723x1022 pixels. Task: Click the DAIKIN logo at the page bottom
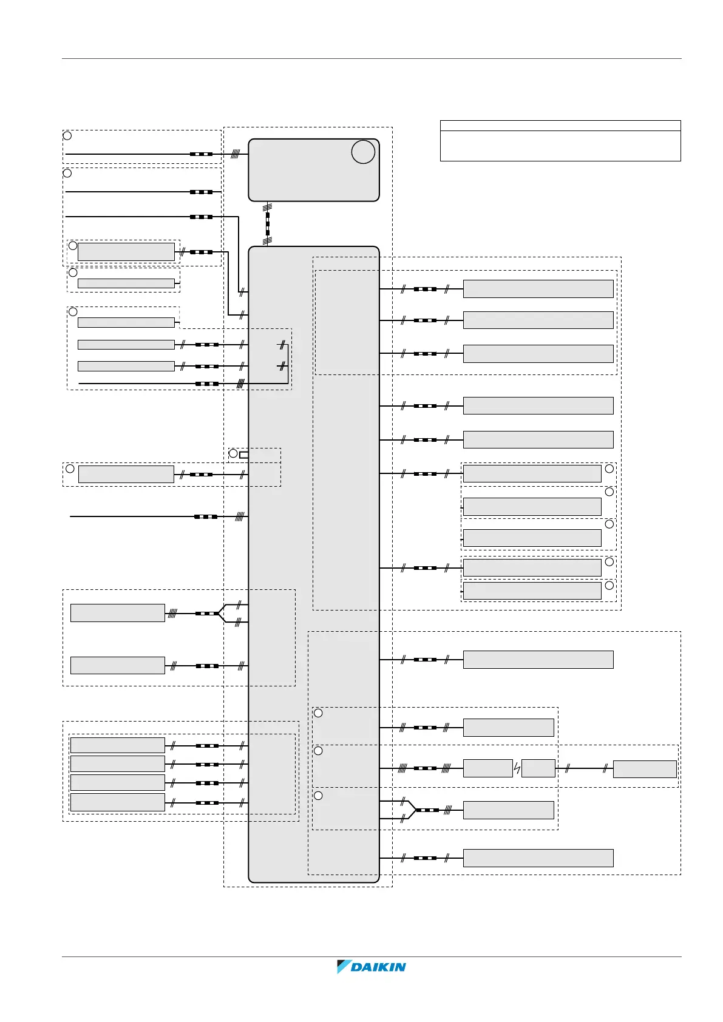[x=372, y=967]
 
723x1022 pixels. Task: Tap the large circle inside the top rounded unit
[x=363, y=152]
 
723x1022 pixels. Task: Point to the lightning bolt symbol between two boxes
[x=517, y=769]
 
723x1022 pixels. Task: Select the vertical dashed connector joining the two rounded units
[x=267, y=223]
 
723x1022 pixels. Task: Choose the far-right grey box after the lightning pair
[x=645, y=769]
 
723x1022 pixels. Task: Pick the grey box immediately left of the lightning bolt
[x=487, y=769]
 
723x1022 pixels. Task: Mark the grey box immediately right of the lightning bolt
[x=538, y=769]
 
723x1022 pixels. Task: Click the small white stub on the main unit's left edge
[x=244, y=455]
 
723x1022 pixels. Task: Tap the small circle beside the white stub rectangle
[x=233, y=453]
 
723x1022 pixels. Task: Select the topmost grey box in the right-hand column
[x=538, y=289]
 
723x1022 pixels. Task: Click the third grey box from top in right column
[x=538, y=354]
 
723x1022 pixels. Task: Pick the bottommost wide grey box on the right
[x=538, y=858]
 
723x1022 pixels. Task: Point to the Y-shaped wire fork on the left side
[x=222, y=613]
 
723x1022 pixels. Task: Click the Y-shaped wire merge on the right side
[x=413, y=810]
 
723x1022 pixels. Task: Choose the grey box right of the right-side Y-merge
[x=508, y=810]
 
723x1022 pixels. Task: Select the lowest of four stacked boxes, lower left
[x=117, y=802]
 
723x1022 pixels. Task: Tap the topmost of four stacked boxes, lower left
[x=117, y=745]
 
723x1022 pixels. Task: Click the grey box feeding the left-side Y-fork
[x=117, y=613]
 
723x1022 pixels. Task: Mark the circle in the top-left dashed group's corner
[x=67, y=135]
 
